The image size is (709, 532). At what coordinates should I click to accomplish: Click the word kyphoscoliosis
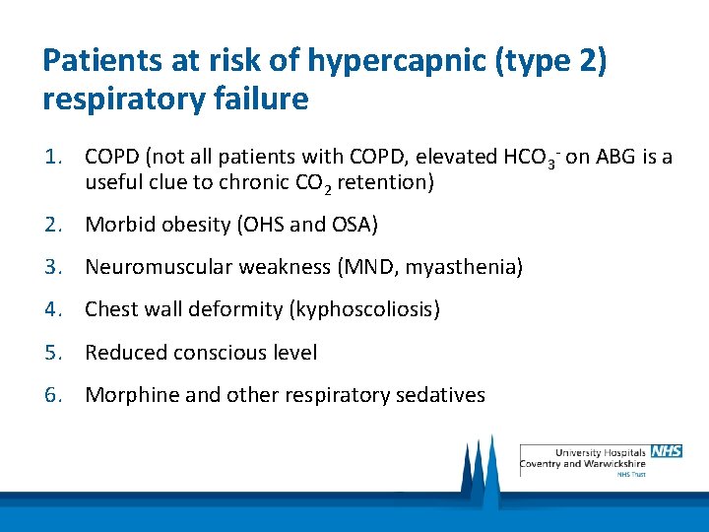[x=362, y=309]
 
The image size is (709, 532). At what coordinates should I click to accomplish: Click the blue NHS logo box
[x=666, y=451]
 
